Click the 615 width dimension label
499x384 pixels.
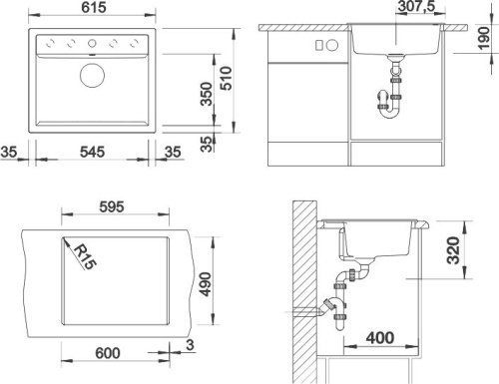(x=94, y=7)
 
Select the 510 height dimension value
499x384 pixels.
(x=227, y=78)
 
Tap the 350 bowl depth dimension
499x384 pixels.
(x=207, y=94)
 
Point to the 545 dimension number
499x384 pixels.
(x=92, y=152)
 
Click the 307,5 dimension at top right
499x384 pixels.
(x=416, y=6)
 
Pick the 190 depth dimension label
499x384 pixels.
(x=484, y=38)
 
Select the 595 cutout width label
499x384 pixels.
(x=112, y=206)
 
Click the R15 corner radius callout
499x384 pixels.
(x=85, y=256)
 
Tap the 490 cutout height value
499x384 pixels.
(x=207, y=284)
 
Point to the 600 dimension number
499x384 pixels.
(x=108, y=353)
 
